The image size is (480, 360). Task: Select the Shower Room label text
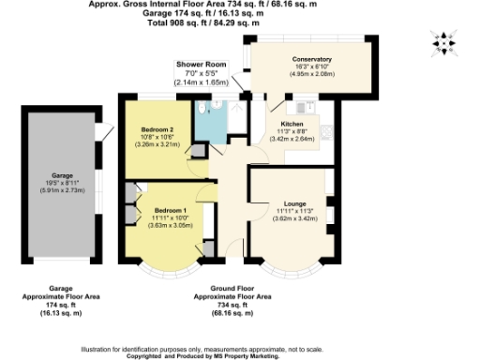point(201,64)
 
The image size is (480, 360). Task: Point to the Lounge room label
point(287,203)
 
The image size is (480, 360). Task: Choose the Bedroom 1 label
point(172,210)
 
